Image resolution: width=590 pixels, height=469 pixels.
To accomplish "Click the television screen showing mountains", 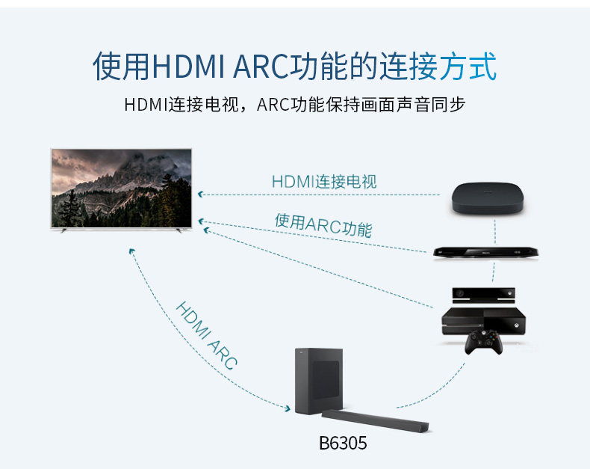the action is [x=121, y=188].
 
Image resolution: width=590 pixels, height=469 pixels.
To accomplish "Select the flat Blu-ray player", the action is [x=485, y=253].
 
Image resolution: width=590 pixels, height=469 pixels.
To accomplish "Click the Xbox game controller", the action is [x=483, y=343].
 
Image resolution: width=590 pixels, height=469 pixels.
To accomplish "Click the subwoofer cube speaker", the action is [x=319, y=381].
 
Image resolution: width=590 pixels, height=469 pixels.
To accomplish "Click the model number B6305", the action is [x=343, y=444].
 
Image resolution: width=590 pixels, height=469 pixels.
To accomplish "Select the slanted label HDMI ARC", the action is [x=206, y=336].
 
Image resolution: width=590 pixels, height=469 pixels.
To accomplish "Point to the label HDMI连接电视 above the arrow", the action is [x=324, y=182].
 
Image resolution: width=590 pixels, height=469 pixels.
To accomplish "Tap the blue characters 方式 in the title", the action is [x=468, y=67].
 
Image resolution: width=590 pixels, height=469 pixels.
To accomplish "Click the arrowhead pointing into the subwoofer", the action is [x=287, y=408].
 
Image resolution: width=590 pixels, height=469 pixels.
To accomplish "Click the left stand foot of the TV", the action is [x=64, y=231].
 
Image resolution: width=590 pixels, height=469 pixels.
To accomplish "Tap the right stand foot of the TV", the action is [x=178, y=231].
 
